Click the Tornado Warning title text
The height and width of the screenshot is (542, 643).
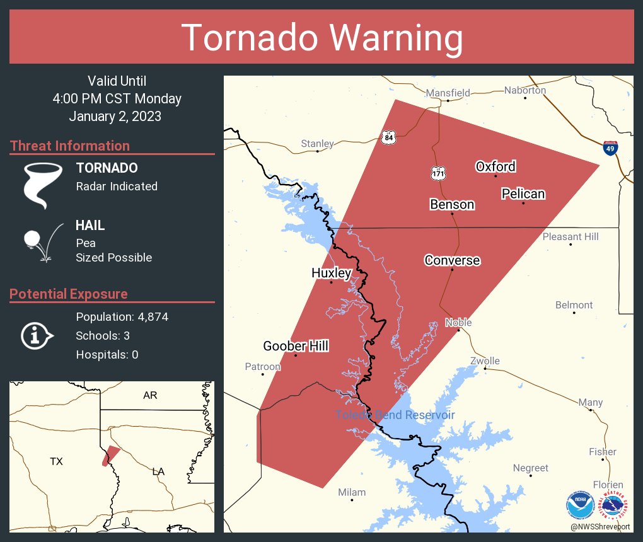[x=321, y=38]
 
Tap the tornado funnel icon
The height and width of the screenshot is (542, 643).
[x=43, y=185]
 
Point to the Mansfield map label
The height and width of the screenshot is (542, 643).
[x=448, y=93]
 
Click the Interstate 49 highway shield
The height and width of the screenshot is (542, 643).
[x=610, y=148]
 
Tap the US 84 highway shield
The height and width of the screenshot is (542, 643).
[x=388, y=137]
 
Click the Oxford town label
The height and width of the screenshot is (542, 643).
[x=495, y=166]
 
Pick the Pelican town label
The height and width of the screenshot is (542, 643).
[x=523, y=193]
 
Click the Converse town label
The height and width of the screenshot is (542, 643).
[x=452, y=260]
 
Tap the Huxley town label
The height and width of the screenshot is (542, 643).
[x=331, y=273]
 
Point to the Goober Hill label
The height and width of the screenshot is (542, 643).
[x=296, y=346]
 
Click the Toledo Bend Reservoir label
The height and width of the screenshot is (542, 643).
[x=395, y=415]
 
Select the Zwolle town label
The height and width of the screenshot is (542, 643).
[x=485, y=361]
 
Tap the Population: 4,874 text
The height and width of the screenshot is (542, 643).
[x=122, y=316]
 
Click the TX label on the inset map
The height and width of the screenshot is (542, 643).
[x=56, y=462]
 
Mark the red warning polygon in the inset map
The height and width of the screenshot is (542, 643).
[x=110, y=456]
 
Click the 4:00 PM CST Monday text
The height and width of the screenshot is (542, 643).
[x=117, y=99]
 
